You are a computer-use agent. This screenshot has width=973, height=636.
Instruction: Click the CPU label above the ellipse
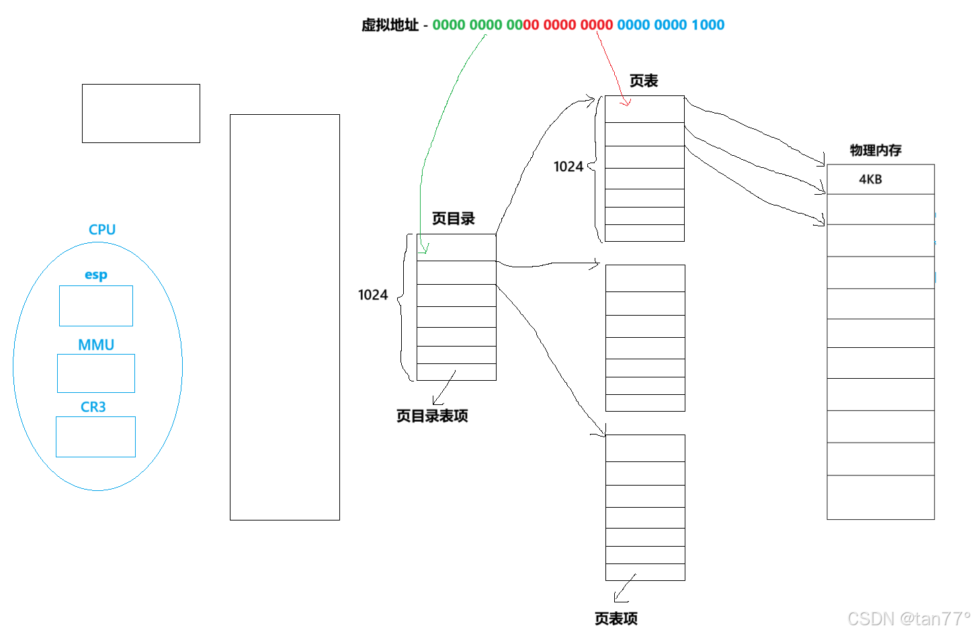point(102,230)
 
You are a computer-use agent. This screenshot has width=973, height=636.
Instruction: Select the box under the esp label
point(96,306)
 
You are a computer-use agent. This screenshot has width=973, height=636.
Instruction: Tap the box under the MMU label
point(96,373)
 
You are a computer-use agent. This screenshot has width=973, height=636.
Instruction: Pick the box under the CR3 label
point(95,437)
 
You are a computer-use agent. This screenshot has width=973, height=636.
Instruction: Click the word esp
point(96,275)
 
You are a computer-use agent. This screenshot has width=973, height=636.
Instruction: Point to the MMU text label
point(96,345)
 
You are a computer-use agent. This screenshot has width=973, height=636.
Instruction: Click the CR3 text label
point(93,407)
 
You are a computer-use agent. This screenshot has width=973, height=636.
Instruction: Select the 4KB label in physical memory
point(870,179)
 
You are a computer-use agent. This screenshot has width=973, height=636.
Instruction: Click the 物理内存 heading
point(876,150)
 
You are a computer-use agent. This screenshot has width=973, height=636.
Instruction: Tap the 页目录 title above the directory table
point(453,218)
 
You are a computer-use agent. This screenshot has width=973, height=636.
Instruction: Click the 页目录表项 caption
point(432,416)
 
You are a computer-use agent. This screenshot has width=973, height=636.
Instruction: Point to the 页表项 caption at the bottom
point(616,619)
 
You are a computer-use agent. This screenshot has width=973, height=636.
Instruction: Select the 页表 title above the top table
point(643,81)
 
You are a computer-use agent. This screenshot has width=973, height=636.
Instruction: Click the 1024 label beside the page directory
point(373,295)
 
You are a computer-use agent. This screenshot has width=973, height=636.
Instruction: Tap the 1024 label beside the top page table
point(568,167)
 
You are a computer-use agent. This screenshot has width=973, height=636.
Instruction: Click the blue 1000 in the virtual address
point(708,25)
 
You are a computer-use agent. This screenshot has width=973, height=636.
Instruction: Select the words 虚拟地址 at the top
point(390,25)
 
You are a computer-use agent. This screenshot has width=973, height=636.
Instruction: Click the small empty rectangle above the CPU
point(141,113)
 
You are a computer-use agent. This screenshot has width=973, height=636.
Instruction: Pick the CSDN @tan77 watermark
point(908,619)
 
